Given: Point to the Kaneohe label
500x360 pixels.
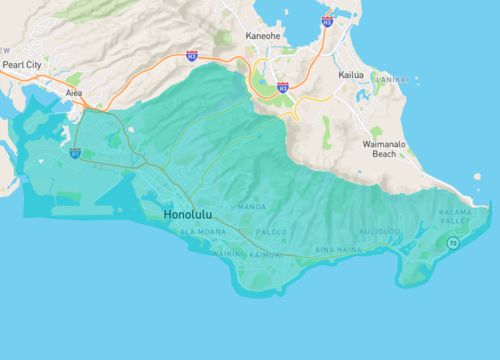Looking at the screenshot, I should (263, 37).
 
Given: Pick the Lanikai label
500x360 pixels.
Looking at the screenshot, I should (391, 77).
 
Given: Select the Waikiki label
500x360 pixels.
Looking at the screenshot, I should (225, 254).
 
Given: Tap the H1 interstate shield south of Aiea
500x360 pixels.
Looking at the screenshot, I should (75, 154).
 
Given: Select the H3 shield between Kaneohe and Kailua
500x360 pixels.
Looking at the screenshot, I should (283, 88).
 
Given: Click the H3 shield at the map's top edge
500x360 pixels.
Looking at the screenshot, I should (327, 20).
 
